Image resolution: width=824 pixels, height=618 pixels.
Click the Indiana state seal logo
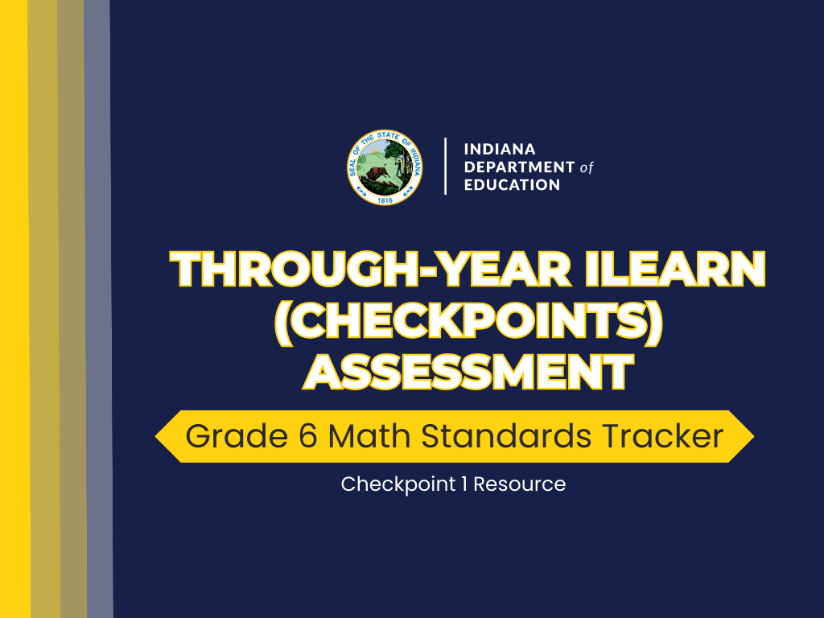click(x=385, y=167)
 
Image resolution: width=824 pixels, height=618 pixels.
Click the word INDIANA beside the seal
click(x=500, y=150)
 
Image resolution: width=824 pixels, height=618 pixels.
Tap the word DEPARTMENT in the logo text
click(x=519, y=167)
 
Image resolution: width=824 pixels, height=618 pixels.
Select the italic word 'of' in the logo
click(x=587, y=167)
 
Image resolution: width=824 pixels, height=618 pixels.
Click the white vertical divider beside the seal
click(x=445, y=167)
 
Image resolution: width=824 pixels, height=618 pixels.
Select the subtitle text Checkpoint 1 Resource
click(x=453, y=484)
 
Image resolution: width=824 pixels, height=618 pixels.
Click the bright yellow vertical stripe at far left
click(x=14, y=322)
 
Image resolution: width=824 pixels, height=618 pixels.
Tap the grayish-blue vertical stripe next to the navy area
click(x=98, y=322)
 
